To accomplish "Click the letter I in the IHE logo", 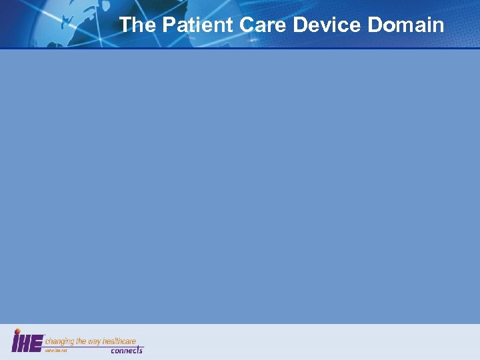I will click(15, 343).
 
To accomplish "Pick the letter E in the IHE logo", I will click(37, 343).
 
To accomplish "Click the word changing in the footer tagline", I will click(59, 341).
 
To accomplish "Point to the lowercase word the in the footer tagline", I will click(81, 341).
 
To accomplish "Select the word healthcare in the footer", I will click(119, 341).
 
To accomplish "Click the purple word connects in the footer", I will click(127, 350).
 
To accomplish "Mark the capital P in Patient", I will click(168, 25).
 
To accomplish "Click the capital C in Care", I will click(242, 25).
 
